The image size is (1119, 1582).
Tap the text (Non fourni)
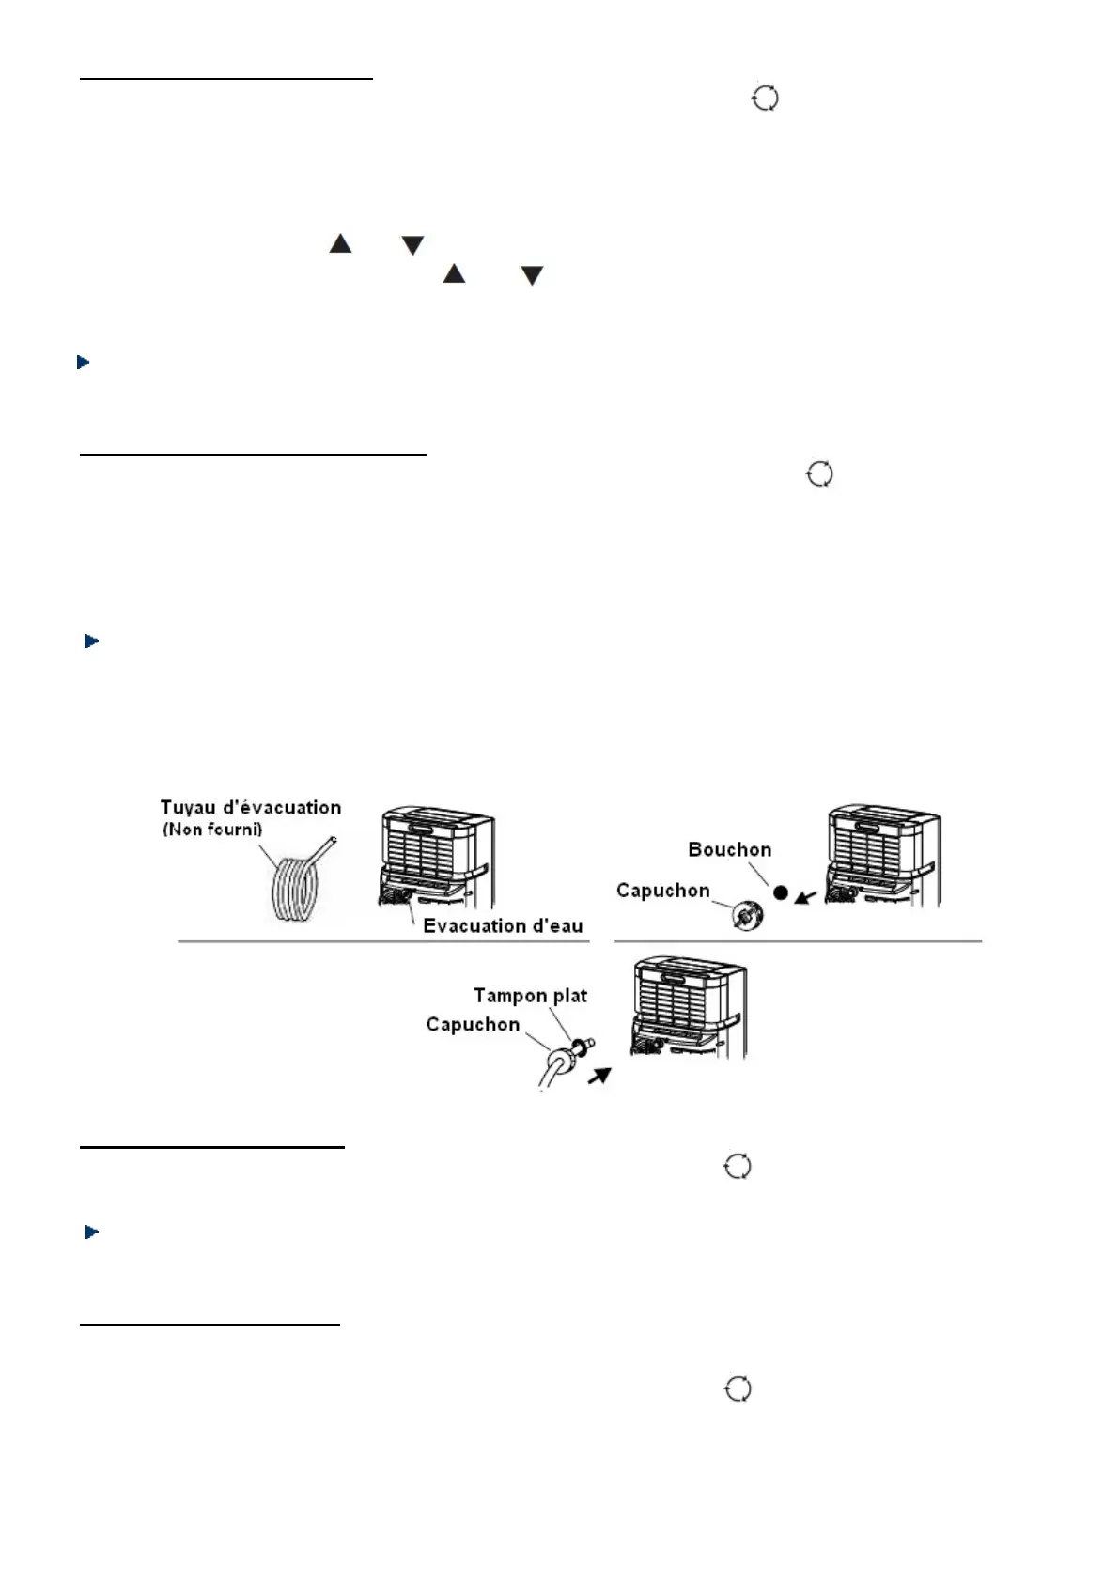(x=212, y=830)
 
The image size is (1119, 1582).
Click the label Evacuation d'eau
(x=503, y=926)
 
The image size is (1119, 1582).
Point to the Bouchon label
(x=729, y=850)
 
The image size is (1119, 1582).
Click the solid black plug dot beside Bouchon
(x=780, y=892)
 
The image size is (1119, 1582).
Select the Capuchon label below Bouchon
(x=662, y=891)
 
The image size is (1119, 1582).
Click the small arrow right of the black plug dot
(x=804, y=897)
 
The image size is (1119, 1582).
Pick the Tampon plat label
(x=530, y=996)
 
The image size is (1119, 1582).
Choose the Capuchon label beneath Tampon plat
(x=473, y=1025)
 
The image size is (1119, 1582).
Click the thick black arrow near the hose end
(x=598, y=1074)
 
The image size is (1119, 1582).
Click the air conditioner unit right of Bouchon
(x=883, y=855)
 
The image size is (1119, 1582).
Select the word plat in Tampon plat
(x=569, y=996)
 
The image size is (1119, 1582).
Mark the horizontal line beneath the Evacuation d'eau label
(x=383, y=941)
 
